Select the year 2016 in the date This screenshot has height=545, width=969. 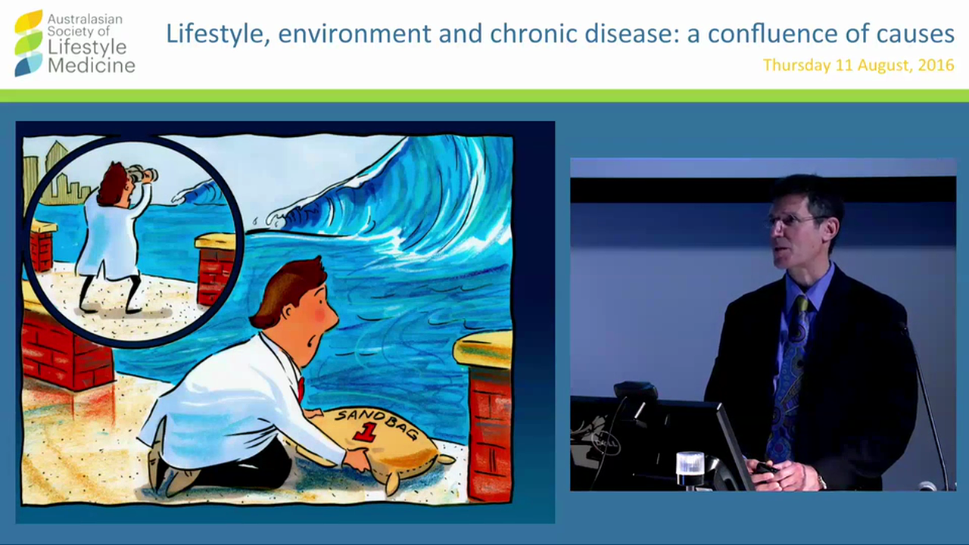coord(936,65)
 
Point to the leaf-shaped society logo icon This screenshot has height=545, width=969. coord(29,43)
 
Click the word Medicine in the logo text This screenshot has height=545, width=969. coord(92,67)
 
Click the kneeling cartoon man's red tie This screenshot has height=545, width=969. coord(301,388)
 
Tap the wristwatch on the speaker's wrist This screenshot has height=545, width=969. coord(822,481)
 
